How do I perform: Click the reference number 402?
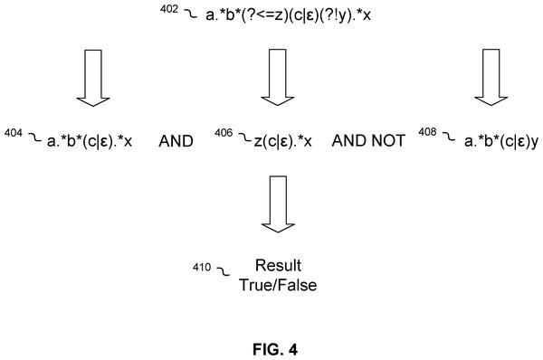click(169, 9)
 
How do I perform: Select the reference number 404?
click(14, 133)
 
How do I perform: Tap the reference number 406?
click(224, 133)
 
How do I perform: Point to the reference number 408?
click(427, 132)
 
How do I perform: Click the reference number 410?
click(202, 267)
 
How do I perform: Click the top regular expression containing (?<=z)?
click(288, 15)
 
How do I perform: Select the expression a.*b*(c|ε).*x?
click(90, 141)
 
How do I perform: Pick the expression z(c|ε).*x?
click(283, 141)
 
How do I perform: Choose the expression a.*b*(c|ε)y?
click(501, 141)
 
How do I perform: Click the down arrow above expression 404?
click(93, 78)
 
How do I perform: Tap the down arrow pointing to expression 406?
click(278, 77)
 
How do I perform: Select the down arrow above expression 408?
click(491, 77)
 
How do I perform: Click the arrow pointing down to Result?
click(278, 204)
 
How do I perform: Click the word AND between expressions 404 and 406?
click(176, 141)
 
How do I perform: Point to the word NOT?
click(388, 141)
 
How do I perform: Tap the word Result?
click(278, 266)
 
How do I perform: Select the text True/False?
click(278, 285)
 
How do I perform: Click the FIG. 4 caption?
click(275, 350)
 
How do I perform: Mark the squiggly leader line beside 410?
click(223, 271)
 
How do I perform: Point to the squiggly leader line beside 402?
click(190, 14)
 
